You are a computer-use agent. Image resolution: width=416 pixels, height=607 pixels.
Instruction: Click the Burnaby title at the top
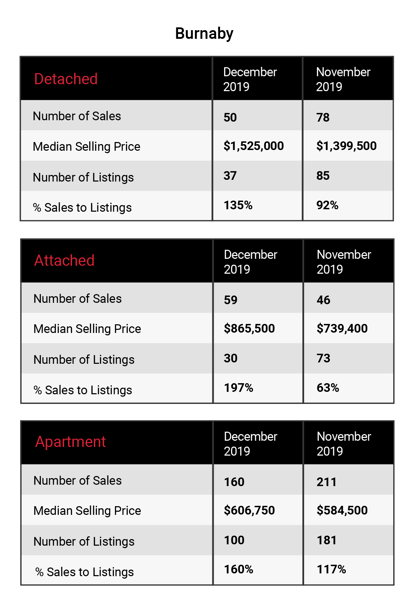(204, 34)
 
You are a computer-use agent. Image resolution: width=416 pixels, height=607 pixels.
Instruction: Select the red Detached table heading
(66, 79)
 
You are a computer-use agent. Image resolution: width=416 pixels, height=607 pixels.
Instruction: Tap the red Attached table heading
(64, 261)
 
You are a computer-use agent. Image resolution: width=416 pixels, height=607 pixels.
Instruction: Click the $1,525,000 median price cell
(254, 146)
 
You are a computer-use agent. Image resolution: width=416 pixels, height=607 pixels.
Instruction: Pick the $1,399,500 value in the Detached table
(346, 146)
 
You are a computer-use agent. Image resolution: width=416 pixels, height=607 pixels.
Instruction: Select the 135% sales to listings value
(238, 205)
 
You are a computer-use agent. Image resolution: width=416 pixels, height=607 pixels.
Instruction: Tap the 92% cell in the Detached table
(327, 205)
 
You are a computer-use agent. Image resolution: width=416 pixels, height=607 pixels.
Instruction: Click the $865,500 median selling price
(249, 328)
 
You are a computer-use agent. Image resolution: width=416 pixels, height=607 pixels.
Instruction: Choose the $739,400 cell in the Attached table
(342, 328)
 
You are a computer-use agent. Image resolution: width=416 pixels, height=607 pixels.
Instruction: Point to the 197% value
(239, 388)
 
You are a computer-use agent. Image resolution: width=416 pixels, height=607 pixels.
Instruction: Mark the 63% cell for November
(328, 388)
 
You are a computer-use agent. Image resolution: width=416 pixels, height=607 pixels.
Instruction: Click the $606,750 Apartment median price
(249, 510)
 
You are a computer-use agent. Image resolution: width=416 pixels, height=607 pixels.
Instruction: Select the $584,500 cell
(342, 510)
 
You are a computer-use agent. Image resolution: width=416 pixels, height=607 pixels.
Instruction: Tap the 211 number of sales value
(327, 482)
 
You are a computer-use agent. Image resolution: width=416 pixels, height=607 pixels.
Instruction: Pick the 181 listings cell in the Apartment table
(327, 540)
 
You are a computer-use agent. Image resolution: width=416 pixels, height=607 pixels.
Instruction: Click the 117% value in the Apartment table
(331, 569)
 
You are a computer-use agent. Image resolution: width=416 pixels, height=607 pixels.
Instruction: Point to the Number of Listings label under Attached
(84, 360)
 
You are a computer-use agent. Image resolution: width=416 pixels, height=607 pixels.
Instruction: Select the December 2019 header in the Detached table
(250, 79)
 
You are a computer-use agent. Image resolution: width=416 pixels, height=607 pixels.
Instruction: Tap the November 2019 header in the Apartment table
(344, 444)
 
